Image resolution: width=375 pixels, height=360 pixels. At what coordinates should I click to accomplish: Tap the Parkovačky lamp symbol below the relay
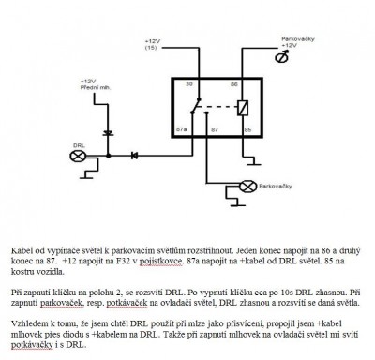pyautogui.click(x=248, y=186)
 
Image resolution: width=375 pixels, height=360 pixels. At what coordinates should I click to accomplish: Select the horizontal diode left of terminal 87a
pyautogui.click(x=134, y=155)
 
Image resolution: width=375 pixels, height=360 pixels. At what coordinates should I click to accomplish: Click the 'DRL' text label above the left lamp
pyautogui.click(x=78, y=144)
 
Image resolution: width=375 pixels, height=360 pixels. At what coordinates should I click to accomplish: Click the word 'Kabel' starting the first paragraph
pyautogui.click(x=23, y=252)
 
